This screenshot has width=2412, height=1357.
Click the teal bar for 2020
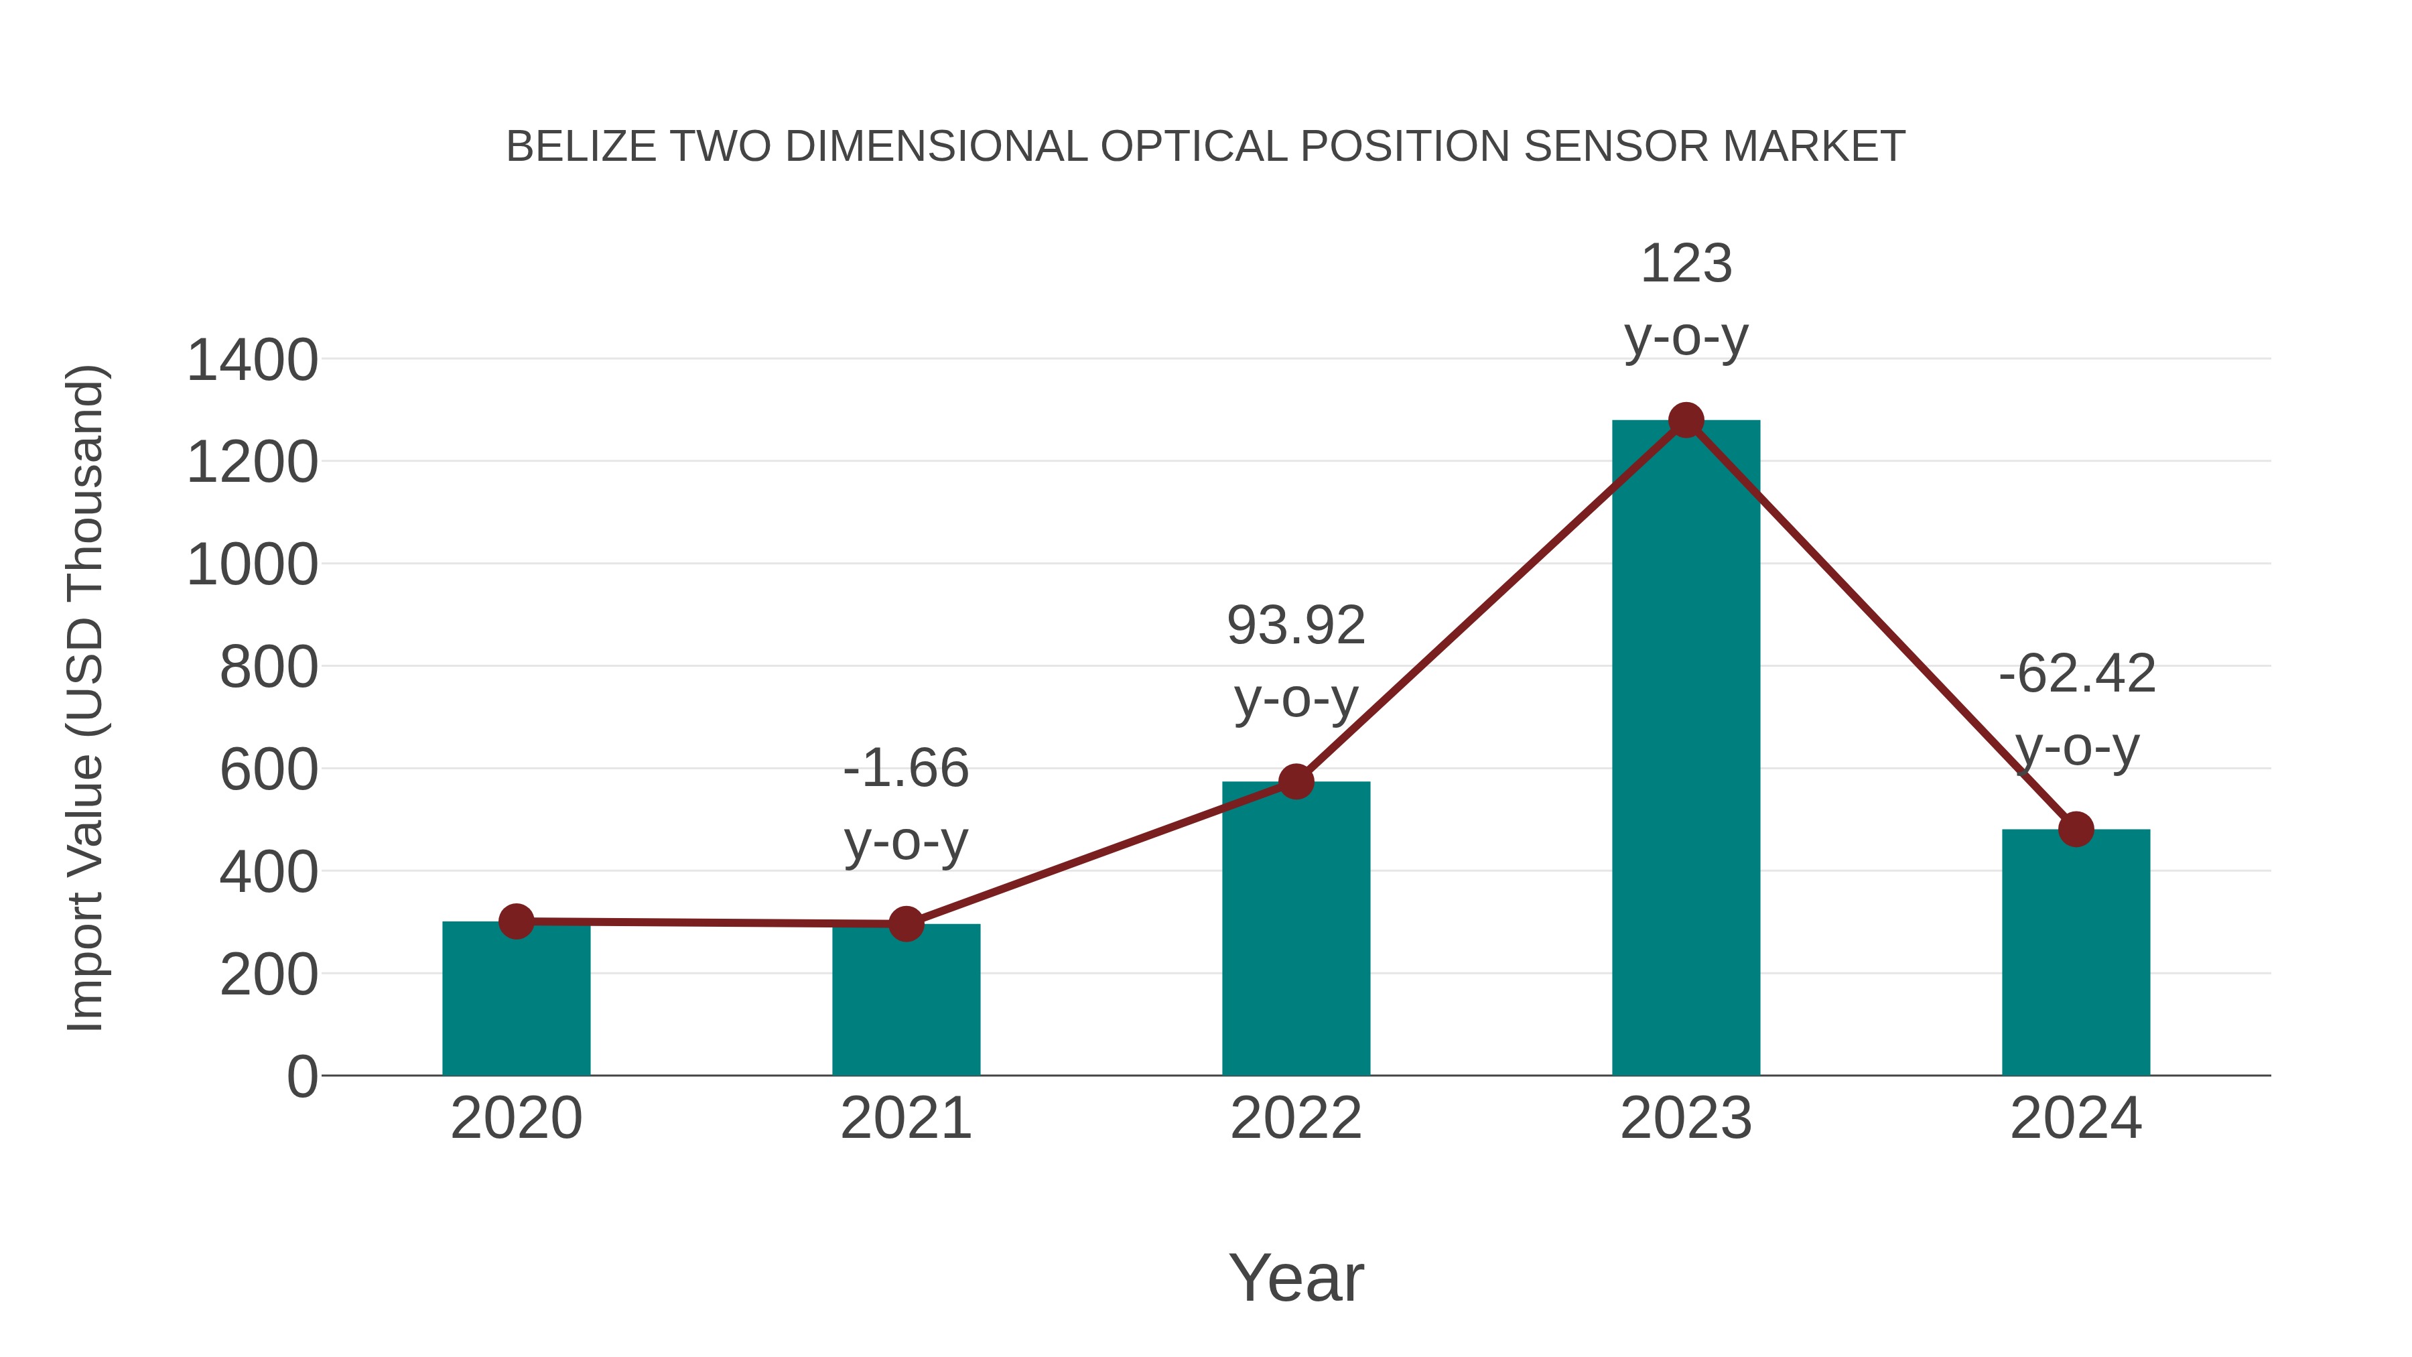(516, 1002)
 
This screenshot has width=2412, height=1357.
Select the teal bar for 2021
(905, 1002)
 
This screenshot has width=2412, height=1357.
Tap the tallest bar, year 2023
(1686, 749)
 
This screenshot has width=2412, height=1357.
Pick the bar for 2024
(2076, 955)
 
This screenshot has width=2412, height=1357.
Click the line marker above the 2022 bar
(1296, 781)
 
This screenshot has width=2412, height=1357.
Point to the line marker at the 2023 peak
(1686, 420)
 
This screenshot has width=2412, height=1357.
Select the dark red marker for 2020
(516, 921)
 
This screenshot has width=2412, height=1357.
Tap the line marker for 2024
(2076, 829)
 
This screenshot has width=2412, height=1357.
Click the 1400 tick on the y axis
(252, 361)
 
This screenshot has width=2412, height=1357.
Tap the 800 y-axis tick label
(268, 667)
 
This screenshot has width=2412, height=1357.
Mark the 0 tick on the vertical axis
(301, 1076)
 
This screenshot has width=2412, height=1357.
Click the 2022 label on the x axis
(1296, 1118)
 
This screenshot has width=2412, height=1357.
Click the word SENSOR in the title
(1617, 147)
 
